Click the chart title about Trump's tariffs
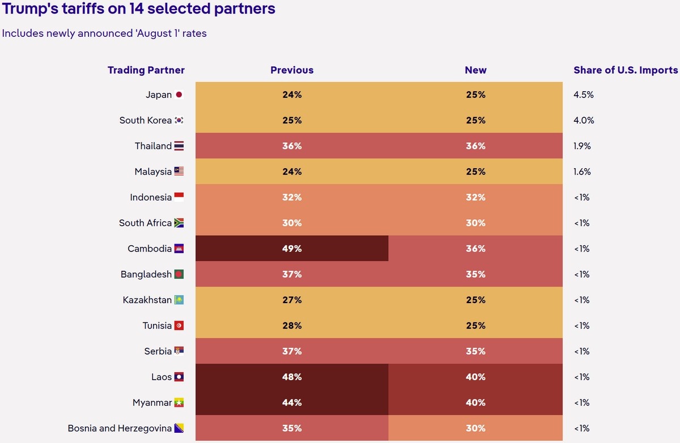click(139, 8)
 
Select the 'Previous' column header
click(292, 70)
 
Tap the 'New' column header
click(475, 70)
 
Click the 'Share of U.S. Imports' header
click(626, 70)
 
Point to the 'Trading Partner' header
click(146, 70)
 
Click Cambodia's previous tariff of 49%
click(292, 249)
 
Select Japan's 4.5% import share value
click(584, 95)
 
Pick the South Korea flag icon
click(179, 120)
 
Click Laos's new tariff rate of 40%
click(475, 377)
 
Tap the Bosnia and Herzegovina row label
click(120, 428)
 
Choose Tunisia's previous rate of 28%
click(292, 326)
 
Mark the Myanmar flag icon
click(179, 403)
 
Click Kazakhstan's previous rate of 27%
click(292, 300)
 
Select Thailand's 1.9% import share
click(582, 146)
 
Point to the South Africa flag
click(179, 223)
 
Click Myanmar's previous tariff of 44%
click(292, 403)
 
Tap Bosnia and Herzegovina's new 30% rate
click(475, 428)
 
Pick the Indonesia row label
click(151, 197)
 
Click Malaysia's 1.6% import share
click(582, 172)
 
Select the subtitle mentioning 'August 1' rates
click(104, 33)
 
